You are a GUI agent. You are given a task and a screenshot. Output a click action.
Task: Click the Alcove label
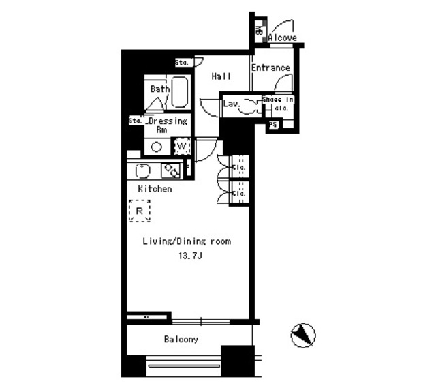click(282, 38)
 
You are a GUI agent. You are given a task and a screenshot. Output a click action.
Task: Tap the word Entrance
click(270, 68)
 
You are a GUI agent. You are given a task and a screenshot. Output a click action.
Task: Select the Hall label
click(221, 77)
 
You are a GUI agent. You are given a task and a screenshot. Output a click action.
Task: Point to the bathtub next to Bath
click(179, 92)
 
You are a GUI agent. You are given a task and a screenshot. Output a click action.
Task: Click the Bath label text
click(159, 89)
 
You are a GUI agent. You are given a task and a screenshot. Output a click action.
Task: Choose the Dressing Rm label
click(166, 125)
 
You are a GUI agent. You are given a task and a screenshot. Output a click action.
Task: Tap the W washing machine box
click(182, 146)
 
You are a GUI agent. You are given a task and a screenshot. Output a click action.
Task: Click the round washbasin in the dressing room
click(156, 147)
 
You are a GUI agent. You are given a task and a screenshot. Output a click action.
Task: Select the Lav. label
click(230, 104)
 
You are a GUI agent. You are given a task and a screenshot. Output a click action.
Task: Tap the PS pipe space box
click(273, 125)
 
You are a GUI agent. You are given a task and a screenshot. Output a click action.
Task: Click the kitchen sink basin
click(144, 170)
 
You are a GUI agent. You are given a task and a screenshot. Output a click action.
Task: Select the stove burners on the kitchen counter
click(169, 170)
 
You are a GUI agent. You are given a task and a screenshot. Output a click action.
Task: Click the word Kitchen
click(155, 189)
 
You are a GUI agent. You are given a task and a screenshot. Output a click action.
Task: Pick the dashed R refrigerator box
click(140, 211)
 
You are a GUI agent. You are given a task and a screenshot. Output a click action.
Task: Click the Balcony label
click(181, 339)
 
